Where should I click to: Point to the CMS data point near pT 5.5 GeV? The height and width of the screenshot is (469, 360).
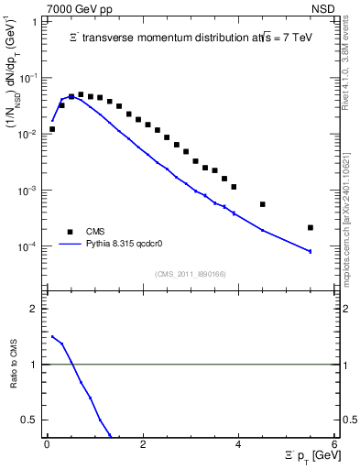click(311, 227)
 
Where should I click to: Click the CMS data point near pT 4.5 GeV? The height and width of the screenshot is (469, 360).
click(263, 204)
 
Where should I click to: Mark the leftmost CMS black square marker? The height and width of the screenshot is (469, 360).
click(52, 129)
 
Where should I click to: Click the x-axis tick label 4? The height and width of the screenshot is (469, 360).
click(238, 444)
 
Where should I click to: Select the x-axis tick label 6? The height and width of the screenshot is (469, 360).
click(334, 444)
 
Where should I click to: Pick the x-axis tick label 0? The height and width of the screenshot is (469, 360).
click(47, 444)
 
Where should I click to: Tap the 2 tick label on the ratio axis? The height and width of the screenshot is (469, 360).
click(36, 309)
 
